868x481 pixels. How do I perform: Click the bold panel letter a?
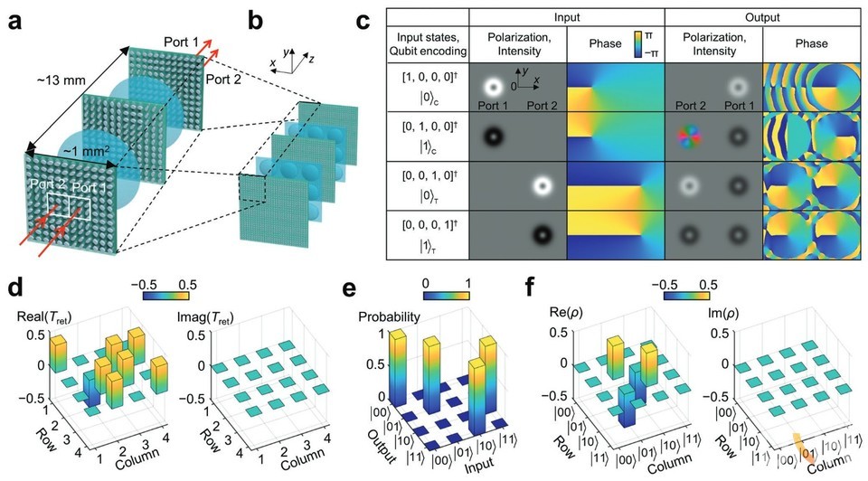tap(15, 20)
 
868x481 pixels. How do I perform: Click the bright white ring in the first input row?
tap(494, 88)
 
